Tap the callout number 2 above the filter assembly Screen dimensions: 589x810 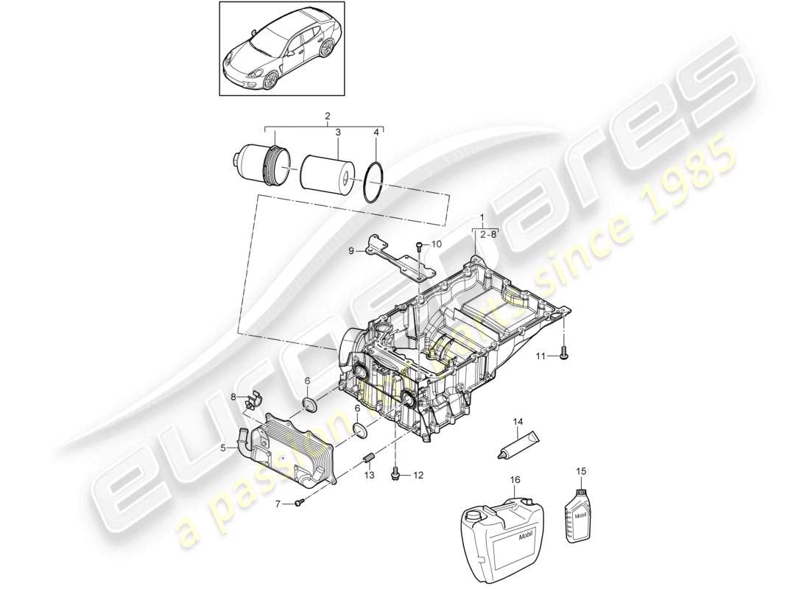(x=327, y=116)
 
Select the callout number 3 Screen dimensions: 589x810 (x=337, y=133)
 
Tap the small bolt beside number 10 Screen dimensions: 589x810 (x=418, y=247)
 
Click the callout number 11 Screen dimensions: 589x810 (x=540, y=356)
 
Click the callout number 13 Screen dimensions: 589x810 (x=369, y=476)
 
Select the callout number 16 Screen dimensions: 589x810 (x=515, y=479)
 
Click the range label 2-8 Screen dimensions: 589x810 (x=488, y=233)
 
